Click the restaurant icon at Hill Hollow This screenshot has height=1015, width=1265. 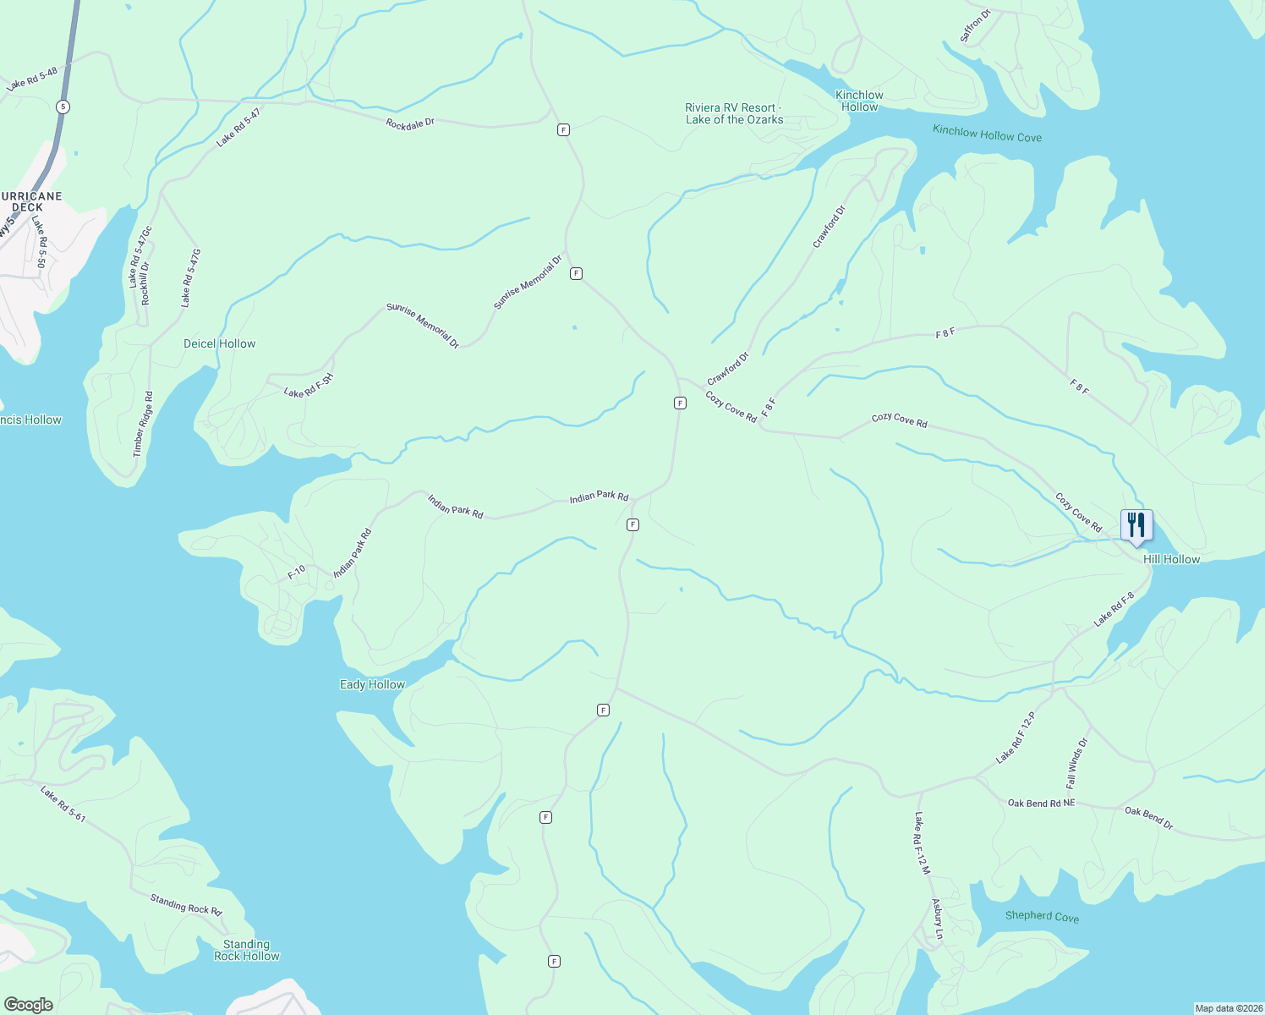[x=1136, y=525]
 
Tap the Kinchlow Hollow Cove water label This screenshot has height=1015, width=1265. [x=987, y=134]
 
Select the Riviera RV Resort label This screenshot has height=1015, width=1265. [x=734, y=113]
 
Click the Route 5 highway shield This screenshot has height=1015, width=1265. [x=63, y=107]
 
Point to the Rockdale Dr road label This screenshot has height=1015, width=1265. [x=410, y=123]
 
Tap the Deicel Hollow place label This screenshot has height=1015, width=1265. [x=219, y=343]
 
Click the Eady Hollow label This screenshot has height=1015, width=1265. [x=372, y=684]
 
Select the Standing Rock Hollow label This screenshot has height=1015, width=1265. [x=246, y=950]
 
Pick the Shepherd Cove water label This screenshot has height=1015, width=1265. [x=1042, y=916]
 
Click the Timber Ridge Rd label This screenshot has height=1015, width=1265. [x=144, y=424]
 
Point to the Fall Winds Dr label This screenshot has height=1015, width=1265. [x=1076, y=762]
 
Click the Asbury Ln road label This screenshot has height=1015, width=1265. [x=937, y=919]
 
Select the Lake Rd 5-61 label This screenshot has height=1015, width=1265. [x=63, y=804]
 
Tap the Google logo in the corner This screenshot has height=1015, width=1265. [x=29, y=1005]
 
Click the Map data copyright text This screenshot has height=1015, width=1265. [x=1228, y=1008]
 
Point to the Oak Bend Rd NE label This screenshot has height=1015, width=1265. [x=1041, y=803]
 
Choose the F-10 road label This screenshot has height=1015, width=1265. [x=296, y=573]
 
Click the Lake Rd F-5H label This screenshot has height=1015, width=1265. [x=309, y=386]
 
